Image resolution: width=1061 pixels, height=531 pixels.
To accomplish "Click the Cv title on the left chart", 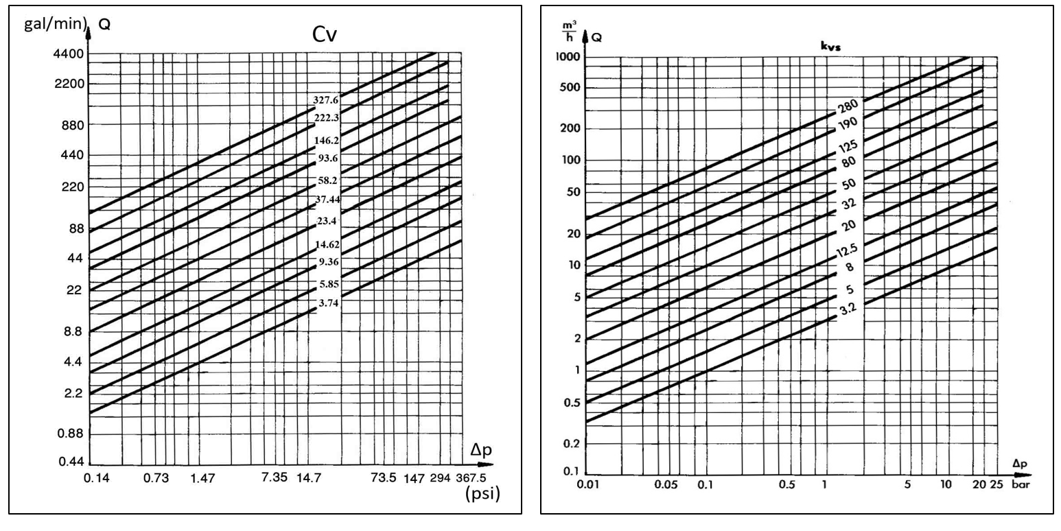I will pyautogui.click(x=324, y=36).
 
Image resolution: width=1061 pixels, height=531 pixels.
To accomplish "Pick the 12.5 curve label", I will pyautogui.click(x=846, y=252).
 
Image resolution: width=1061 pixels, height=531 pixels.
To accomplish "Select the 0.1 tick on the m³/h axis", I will pyautogui.click(x=571, y=472).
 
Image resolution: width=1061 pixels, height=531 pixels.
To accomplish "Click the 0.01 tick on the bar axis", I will pyautogui.click(x=590, y=485).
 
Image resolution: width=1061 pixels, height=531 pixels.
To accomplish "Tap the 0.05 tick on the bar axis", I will pyautogui.click(x=666, y=485).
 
